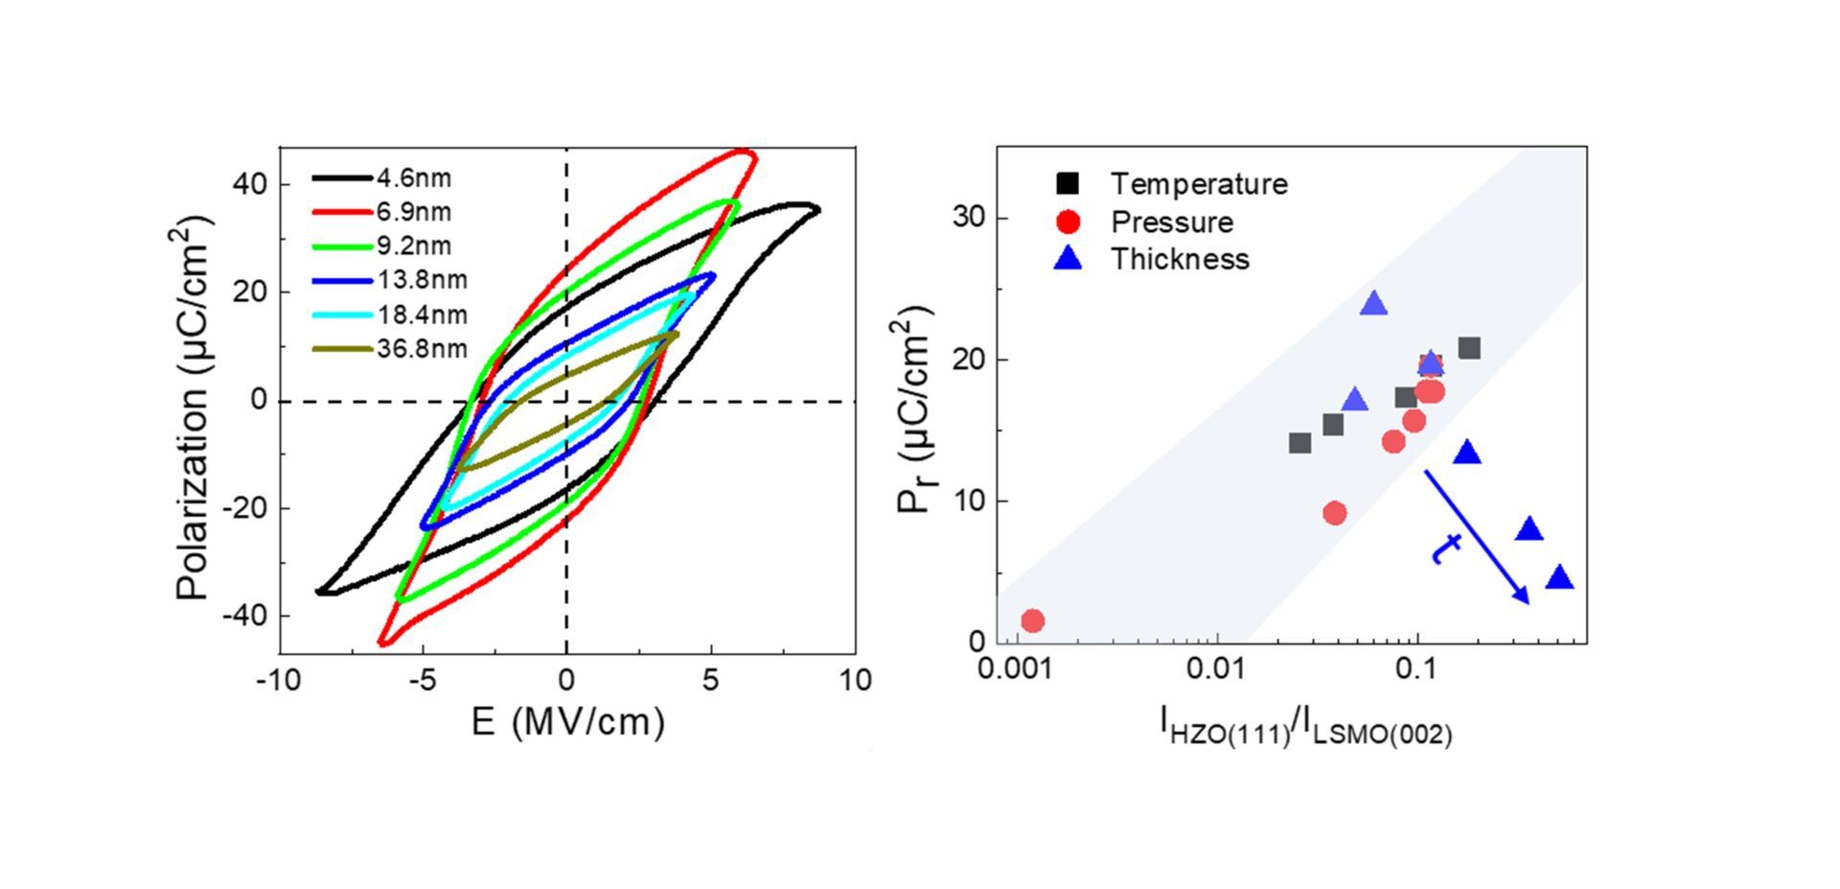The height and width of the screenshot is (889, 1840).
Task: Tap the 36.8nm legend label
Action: tap(422, 348)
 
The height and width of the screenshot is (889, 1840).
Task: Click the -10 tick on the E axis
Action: tap(279, 680)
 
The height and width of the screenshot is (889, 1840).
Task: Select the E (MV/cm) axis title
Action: tap(567, 721)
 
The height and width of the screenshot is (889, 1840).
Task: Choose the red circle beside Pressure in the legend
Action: tap(1068, 222)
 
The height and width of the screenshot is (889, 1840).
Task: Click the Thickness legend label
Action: tap(1180, 259)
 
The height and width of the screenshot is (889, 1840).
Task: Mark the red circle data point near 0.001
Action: tap(1032, 620)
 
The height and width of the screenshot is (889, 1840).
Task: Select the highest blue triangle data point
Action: tap(1374, 305)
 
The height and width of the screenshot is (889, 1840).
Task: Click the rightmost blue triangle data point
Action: tap(1559, 577)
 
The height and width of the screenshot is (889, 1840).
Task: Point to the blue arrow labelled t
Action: tap(1476, 536)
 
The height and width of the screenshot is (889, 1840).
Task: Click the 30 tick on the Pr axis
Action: tap(969, 218)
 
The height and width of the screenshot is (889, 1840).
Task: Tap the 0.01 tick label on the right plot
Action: tap(1215, 667)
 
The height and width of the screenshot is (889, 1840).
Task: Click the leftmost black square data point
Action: tap(1299, 443)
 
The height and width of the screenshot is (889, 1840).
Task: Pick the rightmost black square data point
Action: tap(1469, 348)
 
